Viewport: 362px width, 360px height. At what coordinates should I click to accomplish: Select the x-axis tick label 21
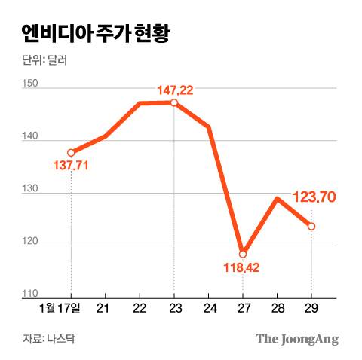point(104,309)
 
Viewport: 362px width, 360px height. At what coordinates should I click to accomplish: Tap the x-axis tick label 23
point(173,309)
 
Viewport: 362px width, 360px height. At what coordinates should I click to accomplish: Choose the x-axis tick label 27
point(243,309)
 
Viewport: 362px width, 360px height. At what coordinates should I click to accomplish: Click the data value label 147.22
point(175,90)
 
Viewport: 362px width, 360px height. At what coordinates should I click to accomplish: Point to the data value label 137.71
point(72,165)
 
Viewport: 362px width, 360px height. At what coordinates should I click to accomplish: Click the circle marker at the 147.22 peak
point(174,103)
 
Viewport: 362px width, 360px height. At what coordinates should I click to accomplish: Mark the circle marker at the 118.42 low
point(243,254)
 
